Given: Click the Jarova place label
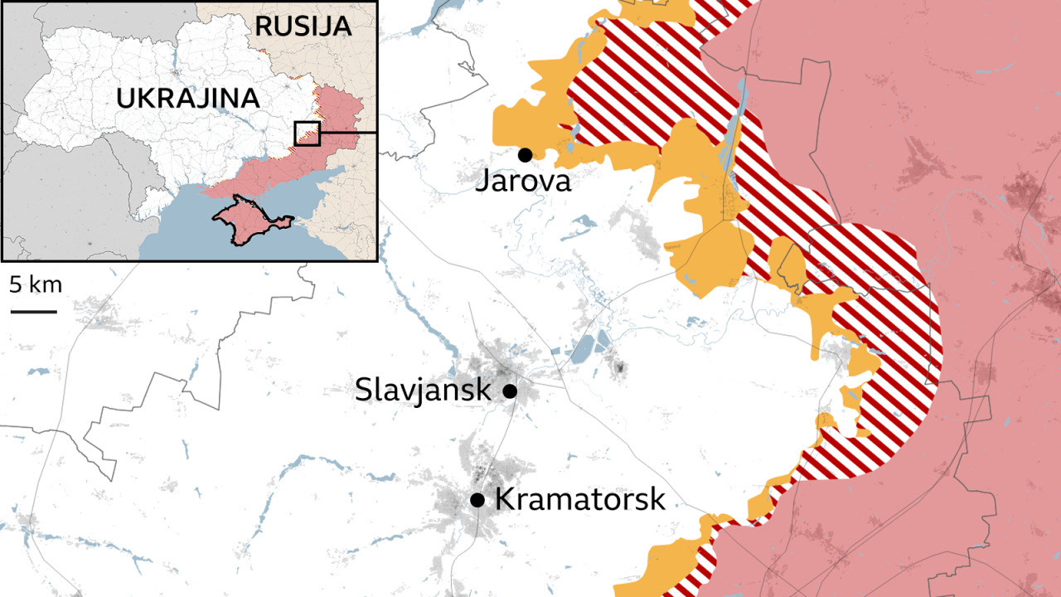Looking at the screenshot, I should pyautogui.click(x=522, y=181).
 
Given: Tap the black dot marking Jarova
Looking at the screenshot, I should pyautogui.click(x=525, y=154).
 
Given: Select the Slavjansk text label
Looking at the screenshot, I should pyautogui.click(x=423, y=389).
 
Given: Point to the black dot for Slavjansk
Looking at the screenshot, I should pyautogui.click(x=510, y=390).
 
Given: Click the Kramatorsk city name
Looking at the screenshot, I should pyautogui.click(x=579, y=499).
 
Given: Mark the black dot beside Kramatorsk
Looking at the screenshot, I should pyautogui.click(x=477, y=499).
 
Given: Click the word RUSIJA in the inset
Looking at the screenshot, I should pyautogui.click(x=303, y=26).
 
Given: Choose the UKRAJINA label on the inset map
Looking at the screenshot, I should pyautogui.click(x=188, y=98).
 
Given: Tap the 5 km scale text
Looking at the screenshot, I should pyautogui.click(x=36, y=285).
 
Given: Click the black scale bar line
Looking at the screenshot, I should pyautogui.click(x=34, y=312).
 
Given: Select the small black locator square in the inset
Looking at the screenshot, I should pyautogui.click(x=307, y=133).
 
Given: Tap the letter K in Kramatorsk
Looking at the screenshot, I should pyautogui.click(x=504, y=499).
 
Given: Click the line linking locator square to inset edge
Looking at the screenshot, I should pyautogui.click(x=348, y=132).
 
